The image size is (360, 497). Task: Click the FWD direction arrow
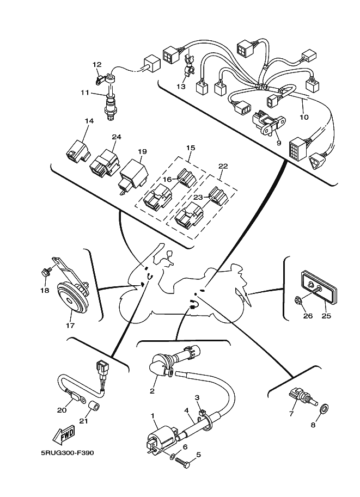point(64,435)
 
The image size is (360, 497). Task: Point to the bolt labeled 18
point(45,272)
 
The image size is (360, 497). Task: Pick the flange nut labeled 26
point(300,299)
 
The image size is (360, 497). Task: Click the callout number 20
point(61,410)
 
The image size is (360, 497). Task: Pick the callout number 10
point(304,117)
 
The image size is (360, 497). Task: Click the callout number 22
point(223,166)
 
